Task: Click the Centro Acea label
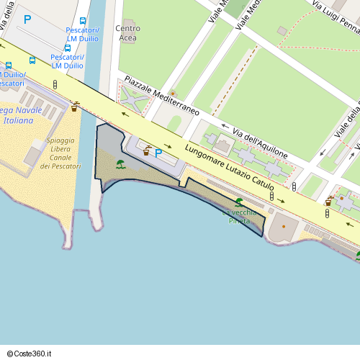coord(127,32)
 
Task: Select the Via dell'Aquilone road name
coord(261,143)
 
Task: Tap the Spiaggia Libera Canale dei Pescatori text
coord(60,153)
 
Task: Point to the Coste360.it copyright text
coord(30,354)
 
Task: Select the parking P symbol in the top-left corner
coord(27,19)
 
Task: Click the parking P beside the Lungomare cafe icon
coord(158,153)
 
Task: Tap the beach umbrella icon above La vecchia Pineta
coord(238,202)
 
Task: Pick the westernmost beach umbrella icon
coord(120,164)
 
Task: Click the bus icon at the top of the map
coord(83,21)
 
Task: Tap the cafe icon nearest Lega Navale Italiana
coord(75,107)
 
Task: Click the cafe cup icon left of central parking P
coord(146,151)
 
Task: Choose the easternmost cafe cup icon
coord(329,201)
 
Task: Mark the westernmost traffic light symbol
coord(55,85)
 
